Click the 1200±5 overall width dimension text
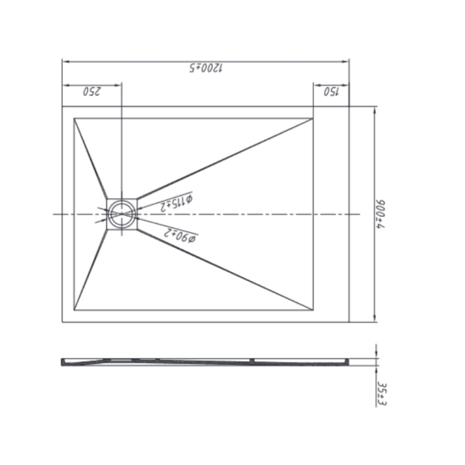tap(205, 68)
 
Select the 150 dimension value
tap(332, 91)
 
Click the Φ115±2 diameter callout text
tap(175, 202)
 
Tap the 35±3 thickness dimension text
tap(381, 393)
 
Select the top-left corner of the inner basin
tap(75, 118)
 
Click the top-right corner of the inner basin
tap(313, 118)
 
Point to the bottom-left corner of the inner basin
tap(75, 311)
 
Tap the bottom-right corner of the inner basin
tap(313, 311)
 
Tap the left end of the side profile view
tap(62, 363)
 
